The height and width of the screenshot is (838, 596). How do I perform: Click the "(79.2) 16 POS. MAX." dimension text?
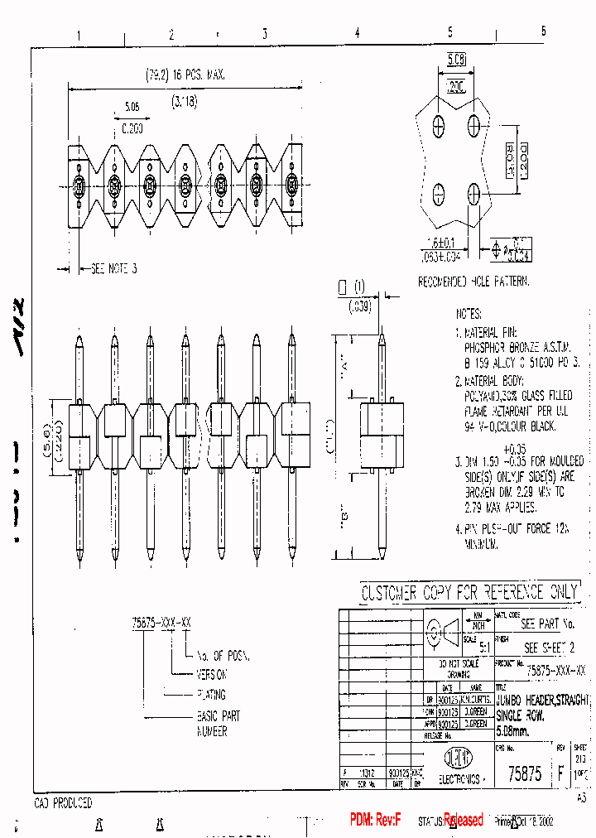pos(185,75)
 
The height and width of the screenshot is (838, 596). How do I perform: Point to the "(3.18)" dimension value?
pos(185,102)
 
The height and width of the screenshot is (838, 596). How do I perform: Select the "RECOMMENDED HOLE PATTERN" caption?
pos(473,282)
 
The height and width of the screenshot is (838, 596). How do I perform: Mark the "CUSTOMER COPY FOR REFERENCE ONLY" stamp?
pos(469,593)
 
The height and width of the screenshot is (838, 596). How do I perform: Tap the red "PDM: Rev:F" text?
pos(375,820)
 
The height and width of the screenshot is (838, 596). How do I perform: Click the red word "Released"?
pos(464,820)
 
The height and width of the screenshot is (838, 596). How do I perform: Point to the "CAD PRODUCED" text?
pos(63,803)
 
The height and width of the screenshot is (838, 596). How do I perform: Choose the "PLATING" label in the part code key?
pos(210,695)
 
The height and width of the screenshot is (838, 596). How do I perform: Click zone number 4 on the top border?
pos(357,34)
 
